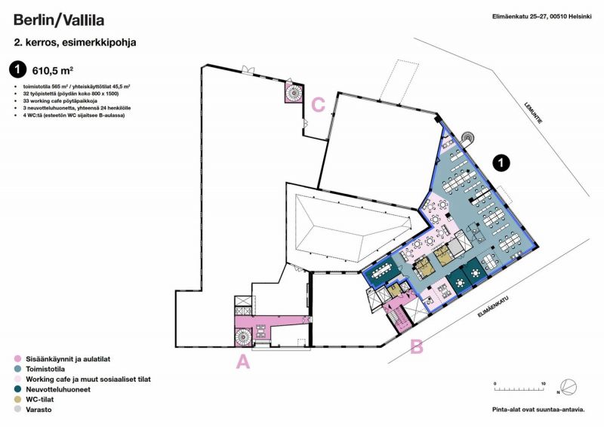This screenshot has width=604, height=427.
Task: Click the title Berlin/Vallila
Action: [x=59, y=20]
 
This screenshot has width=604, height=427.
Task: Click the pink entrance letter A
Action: [x=242, y=362]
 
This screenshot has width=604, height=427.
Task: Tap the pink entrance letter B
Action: [x=417, y=346]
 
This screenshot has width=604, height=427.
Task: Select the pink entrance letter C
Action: [x=318, y=105]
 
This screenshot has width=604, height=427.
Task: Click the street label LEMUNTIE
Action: [x=534, y=113]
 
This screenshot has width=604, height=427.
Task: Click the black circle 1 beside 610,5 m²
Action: [x=17, y=69]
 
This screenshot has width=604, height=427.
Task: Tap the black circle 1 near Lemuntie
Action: [x=501, y=163]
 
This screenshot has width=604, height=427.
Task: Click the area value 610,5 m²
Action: [x=53, y=70]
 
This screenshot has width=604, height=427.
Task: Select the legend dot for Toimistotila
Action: [x=17, y=369]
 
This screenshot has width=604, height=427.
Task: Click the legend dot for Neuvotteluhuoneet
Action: [x=17, y=389]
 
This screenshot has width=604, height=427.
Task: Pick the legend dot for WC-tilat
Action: [x=17, y=400]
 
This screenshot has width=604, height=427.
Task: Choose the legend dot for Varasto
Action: [x=17, y=410]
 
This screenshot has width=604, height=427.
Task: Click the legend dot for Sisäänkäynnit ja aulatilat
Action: [x=17, y=359]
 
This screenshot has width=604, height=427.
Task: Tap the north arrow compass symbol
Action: [x=569, y=387]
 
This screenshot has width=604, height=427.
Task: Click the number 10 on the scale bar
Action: [x=543, y=384]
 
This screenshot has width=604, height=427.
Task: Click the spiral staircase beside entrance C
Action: [x=294, y=92]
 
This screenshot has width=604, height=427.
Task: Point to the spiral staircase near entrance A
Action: [x=243, y=337]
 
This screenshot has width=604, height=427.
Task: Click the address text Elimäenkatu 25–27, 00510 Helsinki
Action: [x=541, y=17]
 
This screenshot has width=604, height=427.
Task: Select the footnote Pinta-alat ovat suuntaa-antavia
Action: [x=538, y=410]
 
